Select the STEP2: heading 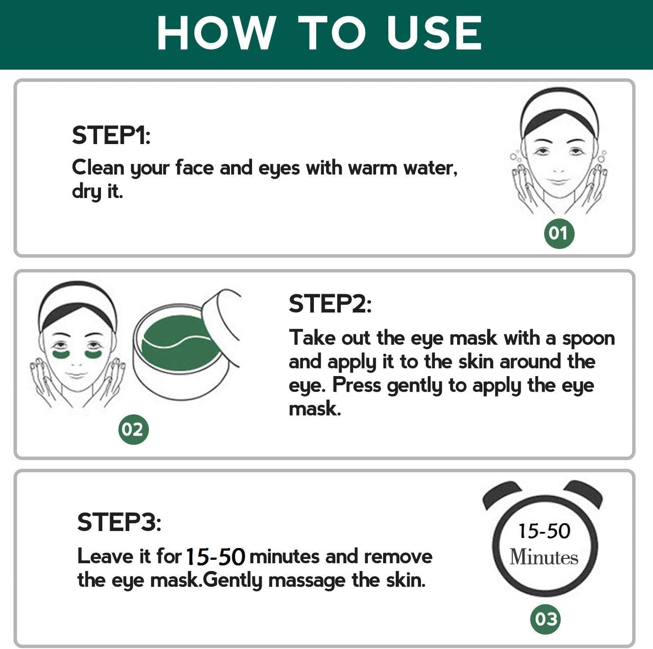pos(330,303)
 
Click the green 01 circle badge pos(559,233)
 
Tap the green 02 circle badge pos(133,430)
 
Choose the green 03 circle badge pos(545,619)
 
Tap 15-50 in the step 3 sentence pos(215,557)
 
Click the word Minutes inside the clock pos(544,557)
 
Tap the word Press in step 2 pos(356,385)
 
